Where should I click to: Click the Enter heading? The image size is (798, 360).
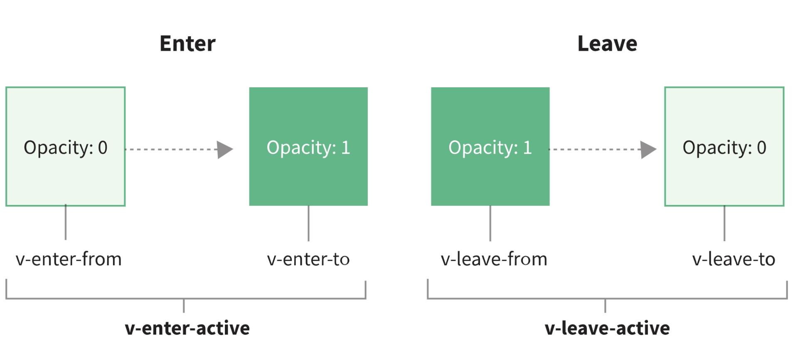(x=187, y=44)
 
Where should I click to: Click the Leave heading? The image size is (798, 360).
(x=607, y=44)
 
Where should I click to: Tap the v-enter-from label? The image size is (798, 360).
(x=69, y=259)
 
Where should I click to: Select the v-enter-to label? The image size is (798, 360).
(x=308, y=259)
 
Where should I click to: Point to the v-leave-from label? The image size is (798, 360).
(x=494, y=259)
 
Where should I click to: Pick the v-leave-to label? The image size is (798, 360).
(x=734, y=259)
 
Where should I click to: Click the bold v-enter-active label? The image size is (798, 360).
(x=187, y=328)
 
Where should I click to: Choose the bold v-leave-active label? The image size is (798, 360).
(x=607, y=328)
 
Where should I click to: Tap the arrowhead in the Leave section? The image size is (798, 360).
(x=648, y=150)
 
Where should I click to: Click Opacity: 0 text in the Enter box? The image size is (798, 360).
(x=66, y=148)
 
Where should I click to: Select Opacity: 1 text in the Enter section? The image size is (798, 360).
(x=308, y=148)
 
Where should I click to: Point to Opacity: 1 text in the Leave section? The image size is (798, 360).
(x=490, y=148)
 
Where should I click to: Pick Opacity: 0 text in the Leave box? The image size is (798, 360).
(x=724, y=148)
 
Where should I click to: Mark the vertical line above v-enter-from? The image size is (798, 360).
(x=66, y=222)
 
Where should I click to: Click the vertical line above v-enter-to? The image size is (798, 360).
(x=308, y=223)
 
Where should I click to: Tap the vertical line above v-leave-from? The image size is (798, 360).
(x=490, y=223)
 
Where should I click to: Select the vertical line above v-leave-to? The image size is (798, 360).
(x=724, y=223)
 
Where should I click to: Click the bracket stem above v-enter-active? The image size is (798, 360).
(x=184, y=306)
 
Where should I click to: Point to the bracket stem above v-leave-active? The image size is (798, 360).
(x=605, y=306)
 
